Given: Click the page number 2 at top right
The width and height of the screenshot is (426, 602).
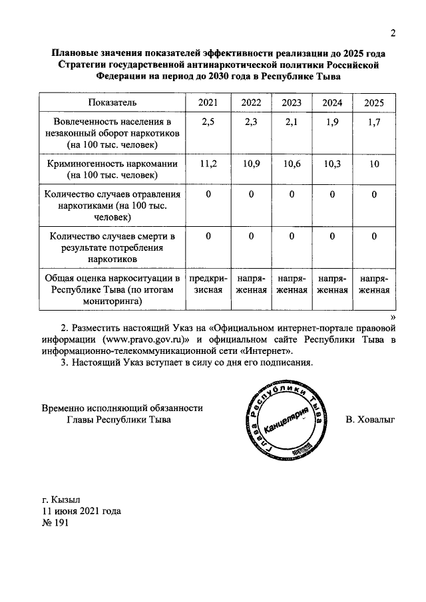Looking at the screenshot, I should coord(393,34).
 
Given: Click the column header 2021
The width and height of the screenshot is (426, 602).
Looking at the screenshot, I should coord(208,102).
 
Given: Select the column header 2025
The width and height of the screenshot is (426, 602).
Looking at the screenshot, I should coord(374,102).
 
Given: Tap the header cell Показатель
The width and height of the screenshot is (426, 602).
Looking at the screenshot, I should coord(112,102).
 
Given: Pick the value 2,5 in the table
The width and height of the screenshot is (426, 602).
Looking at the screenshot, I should coord(208,121).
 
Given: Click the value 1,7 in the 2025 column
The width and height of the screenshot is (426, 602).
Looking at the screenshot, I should coord(374,121).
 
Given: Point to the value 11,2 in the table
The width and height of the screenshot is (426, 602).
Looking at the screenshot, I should coord(208,164).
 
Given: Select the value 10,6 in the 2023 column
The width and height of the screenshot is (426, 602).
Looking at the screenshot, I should coord(292,164).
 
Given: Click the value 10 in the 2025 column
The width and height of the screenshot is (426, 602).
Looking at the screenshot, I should coord(374,164).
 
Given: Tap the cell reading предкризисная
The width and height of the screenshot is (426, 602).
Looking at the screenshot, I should coord(208,284).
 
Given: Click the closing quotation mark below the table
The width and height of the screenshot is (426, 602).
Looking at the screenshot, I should coord(393,317).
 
